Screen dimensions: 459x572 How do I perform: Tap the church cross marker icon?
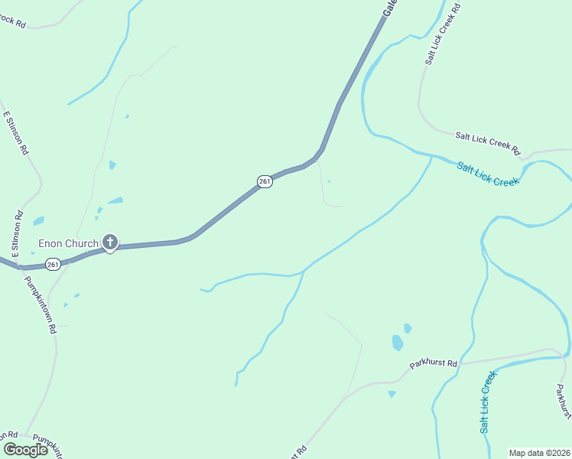[110, 243]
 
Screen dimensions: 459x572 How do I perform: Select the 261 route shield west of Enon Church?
[52, 264]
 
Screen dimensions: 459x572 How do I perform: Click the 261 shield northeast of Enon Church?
[265, 181]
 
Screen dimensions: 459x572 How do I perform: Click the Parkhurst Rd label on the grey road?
[433, 364]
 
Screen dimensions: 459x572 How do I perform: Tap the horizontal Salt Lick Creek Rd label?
[487, 142]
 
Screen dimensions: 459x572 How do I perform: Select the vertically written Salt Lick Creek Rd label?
[443, 34]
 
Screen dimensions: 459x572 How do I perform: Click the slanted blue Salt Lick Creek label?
[488, 174]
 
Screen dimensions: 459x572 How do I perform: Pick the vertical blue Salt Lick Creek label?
[489, 402]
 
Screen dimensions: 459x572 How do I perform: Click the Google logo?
[25, 450]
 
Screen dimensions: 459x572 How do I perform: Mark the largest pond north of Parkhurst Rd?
[398, 343]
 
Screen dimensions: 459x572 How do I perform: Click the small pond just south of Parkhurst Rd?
[392, 394]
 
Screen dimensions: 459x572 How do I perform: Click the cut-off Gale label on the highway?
[390, 8]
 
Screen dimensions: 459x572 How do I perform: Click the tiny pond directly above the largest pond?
[408, 328]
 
